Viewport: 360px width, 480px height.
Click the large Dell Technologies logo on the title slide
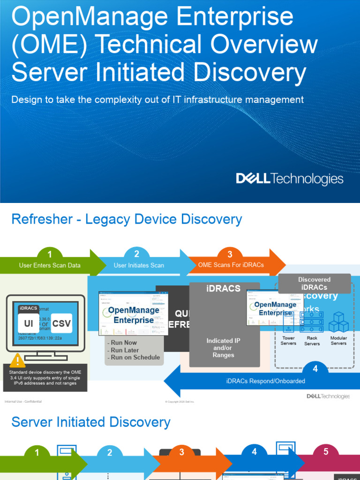pyautogui.click(x=289, y=179)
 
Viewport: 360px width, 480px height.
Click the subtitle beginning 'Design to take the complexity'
pyautogui.click(x=157, y=100)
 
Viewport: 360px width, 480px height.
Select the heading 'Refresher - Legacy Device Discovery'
pyautogui.click(x=127, y=219)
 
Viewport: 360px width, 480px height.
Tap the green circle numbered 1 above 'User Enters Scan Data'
pyautogui.click(x=50, y=255)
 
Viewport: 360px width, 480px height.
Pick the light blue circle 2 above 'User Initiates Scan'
pyautogui.click(x=136, y=254)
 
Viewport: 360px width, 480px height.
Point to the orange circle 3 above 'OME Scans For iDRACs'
pyautogui.click(x=230, y=255)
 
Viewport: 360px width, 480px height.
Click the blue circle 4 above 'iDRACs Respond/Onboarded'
pyautogui.click(x=315, y=369)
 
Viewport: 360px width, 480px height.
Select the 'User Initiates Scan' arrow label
pyautogui.click(x=139, y=265)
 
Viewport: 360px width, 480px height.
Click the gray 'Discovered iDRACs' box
pyautogui.click(x=314, y=283)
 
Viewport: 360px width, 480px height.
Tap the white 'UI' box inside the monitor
pyautogui.click(x=29, y=323)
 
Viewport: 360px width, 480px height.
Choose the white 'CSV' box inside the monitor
pyautogui.click(x=61, y=323)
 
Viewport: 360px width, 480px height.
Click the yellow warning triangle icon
pyautogui.click(x=18, y=360)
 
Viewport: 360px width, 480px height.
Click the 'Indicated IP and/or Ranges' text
pyautogui.click(x=223, y=348)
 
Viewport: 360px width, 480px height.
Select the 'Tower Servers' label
pyautogui.click(x=288, y=341)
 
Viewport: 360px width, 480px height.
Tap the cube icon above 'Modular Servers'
pyautogui.click(x=338, y=322)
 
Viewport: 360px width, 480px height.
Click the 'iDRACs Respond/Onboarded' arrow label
pyautogui.click(x=265, y=381)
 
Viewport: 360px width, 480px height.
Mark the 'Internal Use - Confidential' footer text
pyautogui.click(x=23, y=402)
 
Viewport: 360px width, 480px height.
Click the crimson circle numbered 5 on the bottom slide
pyautogui.click(x=326, y=452)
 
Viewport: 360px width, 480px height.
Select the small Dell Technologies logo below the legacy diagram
pyautogui.click(x=328, y=397)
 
